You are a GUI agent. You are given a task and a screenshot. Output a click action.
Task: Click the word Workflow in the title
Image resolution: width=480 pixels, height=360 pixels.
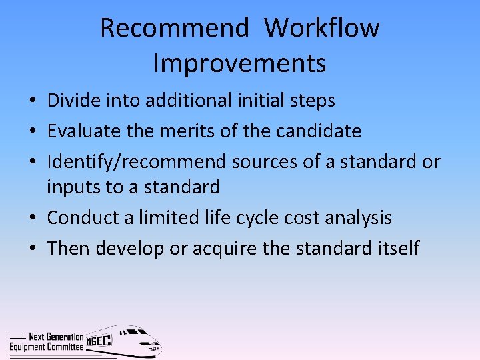[322, 28]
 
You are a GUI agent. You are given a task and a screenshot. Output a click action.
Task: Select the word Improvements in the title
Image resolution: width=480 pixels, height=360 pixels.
[240, 63]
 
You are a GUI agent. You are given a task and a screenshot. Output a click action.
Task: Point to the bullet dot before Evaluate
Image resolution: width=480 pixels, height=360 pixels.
[32, 131]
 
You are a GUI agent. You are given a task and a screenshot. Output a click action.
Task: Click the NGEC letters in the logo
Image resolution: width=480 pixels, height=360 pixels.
[99, 341]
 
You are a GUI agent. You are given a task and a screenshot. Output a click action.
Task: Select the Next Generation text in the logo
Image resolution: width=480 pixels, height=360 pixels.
[57, 337]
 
